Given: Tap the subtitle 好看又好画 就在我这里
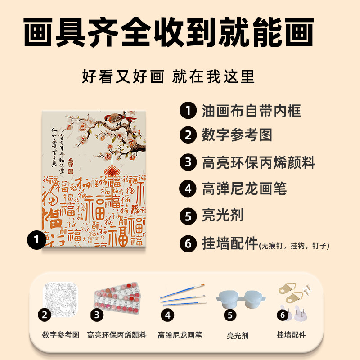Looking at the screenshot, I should pyautogui.click(x=168, y=76).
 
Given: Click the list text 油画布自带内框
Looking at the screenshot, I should pyautogui.click(x=251, y=110).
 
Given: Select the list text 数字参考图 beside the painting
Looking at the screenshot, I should pyautogui.click(x=237, y=135).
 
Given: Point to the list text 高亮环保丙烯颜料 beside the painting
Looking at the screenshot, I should pyautogui.click(x=259, y=162).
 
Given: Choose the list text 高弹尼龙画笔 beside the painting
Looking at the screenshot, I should pyautogui.click(x=244, y=189).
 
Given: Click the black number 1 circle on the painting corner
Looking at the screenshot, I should pyautogui.click(x=36, y=239).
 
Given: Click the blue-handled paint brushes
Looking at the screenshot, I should pyautogui.click(x=182, y=295).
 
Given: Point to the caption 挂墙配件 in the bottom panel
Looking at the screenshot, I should pyautogui.click(x=291, y=335).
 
